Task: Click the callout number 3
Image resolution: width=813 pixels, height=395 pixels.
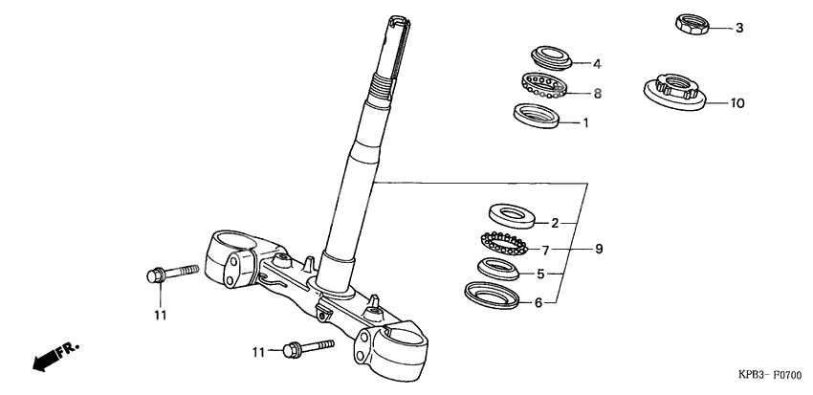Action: point(738,28)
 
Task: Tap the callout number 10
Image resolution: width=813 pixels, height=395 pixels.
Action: point(736,102)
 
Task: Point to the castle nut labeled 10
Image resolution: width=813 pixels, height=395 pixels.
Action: point(675,92)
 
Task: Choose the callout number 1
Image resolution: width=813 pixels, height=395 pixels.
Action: point(585,123)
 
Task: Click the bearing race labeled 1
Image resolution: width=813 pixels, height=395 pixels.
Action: point(536,116)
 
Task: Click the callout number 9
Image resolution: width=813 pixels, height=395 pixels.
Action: point(599,250)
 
